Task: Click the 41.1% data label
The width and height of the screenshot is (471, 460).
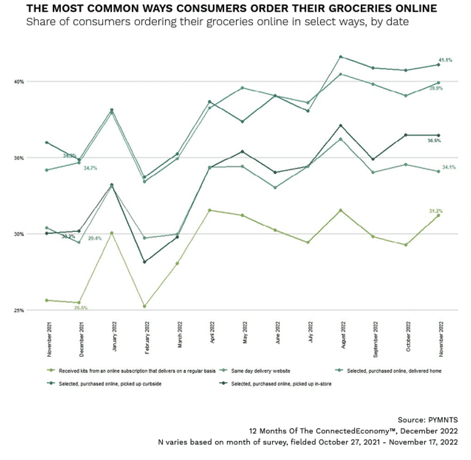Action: point(445,60)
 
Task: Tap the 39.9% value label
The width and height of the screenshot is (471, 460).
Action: point(435,88)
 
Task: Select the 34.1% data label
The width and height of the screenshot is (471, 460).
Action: point(448,167)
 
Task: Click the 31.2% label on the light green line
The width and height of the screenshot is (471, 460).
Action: point(435,210)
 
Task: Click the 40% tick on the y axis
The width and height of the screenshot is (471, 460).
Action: point(36,81)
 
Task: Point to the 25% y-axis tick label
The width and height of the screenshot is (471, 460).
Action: point(36,310)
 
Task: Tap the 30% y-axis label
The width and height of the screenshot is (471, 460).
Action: point(36,234)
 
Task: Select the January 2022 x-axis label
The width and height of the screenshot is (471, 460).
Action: point(115,336)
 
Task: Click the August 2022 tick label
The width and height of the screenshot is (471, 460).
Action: point(340,337)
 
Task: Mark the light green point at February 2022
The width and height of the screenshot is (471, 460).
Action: point(145,306)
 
